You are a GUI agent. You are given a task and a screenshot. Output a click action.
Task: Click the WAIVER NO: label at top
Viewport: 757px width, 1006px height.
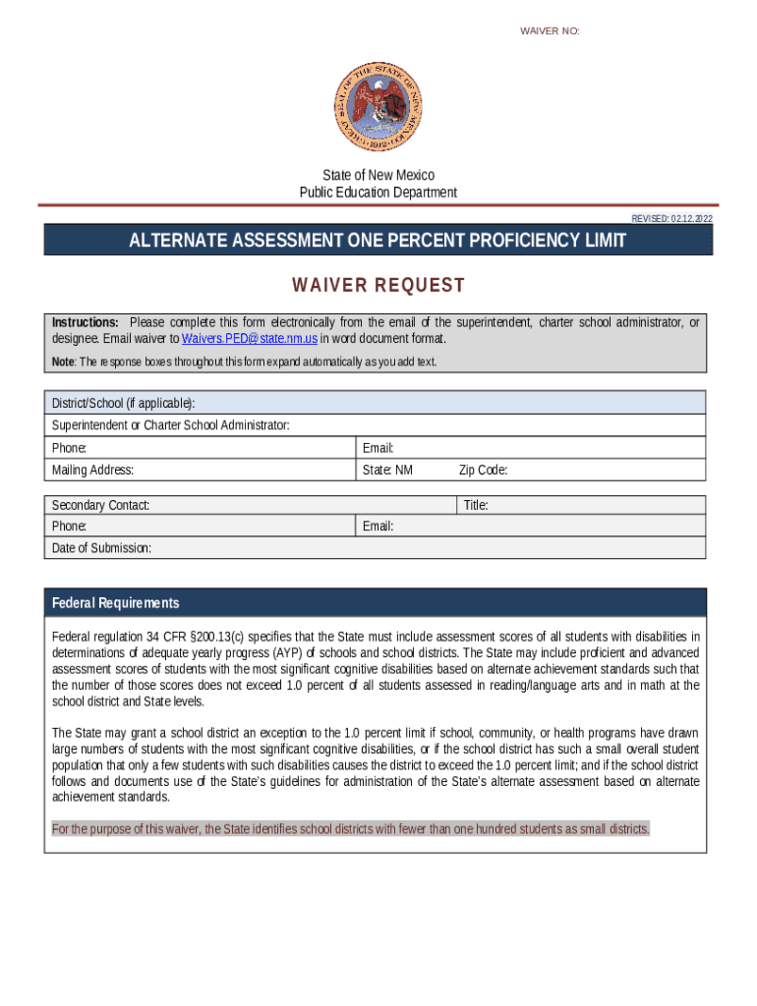click(x=550, y=31)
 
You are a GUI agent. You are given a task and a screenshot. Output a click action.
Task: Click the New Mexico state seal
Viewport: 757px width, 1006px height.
click(x=378, y=107)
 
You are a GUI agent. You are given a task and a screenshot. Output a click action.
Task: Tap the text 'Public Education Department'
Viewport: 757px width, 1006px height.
click(x=378, y=193)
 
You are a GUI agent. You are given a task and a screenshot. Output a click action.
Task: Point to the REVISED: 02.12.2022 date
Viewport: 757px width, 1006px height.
click(x=671, y=218)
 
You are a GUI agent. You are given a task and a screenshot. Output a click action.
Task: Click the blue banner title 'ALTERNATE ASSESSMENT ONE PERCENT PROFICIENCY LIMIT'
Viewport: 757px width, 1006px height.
click(x=378, y=241)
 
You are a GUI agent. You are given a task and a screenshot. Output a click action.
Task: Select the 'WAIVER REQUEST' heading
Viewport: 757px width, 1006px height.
click(x=378, y=286)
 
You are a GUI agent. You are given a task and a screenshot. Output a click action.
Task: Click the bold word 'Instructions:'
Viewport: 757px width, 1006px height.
click(x=86, y=323)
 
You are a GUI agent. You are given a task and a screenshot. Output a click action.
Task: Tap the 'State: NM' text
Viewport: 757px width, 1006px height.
click(x=387, y=470)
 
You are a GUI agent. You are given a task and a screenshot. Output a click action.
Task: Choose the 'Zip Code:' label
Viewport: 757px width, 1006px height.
click(x=483, y=470)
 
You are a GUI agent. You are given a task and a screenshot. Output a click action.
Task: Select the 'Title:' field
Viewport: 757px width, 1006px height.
click(x=581, y=505)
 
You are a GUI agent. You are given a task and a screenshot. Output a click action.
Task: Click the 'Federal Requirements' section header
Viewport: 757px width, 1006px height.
click(x=116, y=603)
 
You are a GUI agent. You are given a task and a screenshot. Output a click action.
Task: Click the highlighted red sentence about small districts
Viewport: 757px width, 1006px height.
click(x=350, y=829)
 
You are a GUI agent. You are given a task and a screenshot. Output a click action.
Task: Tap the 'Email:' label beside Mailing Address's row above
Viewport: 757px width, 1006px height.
click(x=378, y=448)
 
